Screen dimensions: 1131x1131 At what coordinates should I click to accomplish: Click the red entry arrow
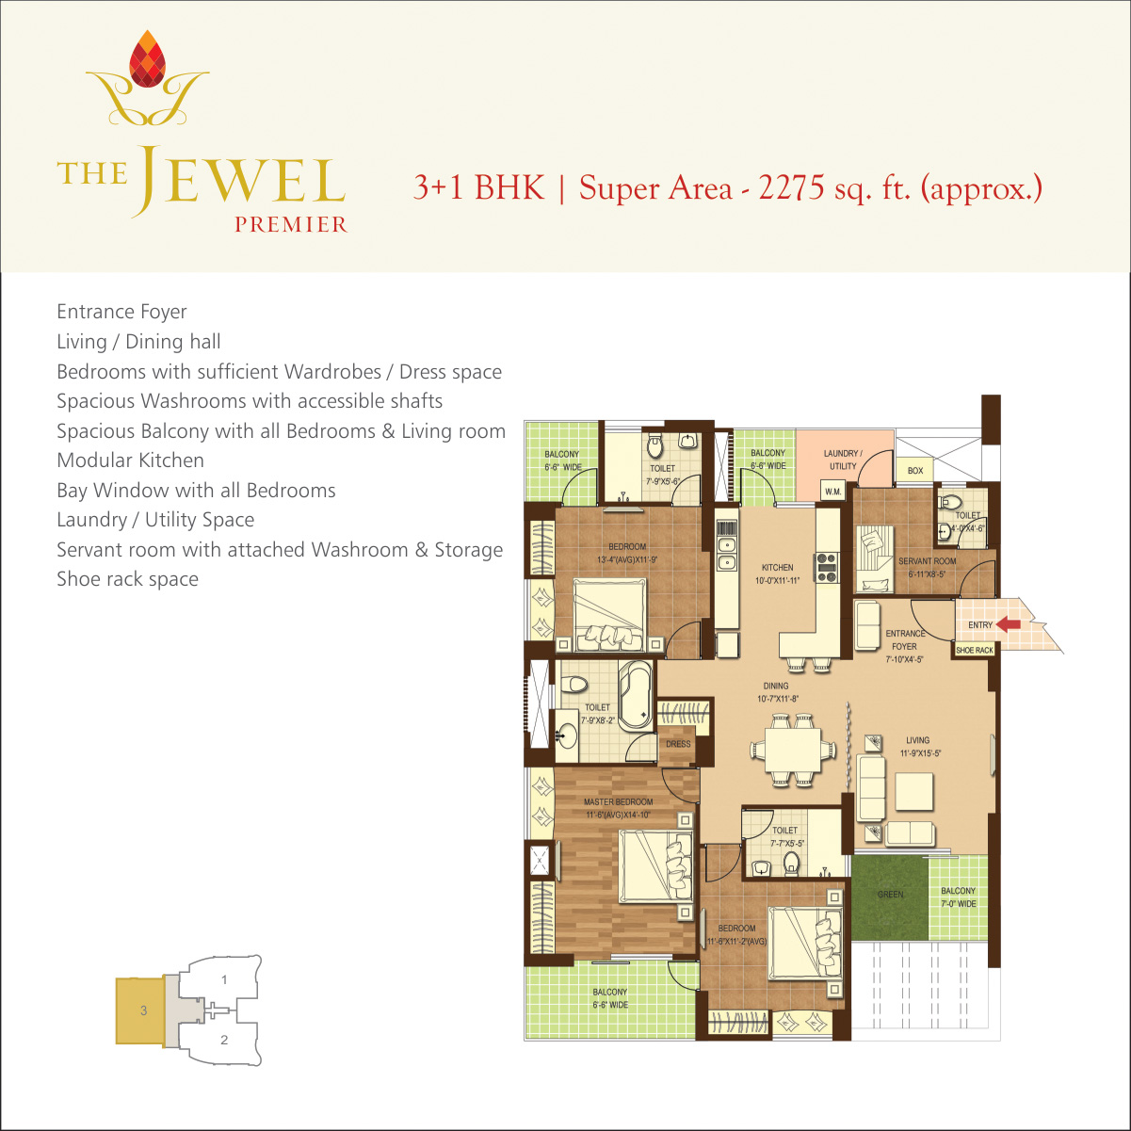point(1009,624)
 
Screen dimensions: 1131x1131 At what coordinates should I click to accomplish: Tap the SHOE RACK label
point(975,651)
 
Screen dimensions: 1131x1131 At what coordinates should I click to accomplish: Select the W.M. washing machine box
point(833,492)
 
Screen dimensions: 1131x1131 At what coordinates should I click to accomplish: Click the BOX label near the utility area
point(915,471)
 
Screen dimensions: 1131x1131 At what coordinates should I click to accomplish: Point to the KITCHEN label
point(777,568)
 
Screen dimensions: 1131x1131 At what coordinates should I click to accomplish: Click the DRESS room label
point(678,744)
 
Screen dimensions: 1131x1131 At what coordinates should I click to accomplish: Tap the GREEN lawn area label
point(890,895)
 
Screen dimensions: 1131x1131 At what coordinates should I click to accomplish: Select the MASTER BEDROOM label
point(618,801)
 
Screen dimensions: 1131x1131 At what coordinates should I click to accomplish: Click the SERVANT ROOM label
point(928,561)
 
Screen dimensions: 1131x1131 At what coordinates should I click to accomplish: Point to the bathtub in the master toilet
point(636,696)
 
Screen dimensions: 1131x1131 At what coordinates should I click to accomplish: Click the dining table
point(792,750)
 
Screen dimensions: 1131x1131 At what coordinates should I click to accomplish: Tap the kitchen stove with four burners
point(827,568)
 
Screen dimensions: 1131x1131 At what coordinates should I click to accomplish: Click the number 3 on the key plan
point(144,1010)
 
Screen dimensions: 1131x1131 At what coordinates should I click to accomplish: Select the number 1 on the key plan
point(224,979)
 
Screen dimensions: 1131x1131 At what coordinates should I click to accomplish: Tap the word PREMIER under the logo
point(291,225)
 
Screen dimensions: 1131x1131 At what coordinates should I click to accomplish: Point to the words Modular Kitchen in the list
point(130,460)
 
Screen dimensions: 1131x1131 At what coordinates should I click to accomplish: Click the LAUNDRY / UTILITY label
point(843,460)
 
